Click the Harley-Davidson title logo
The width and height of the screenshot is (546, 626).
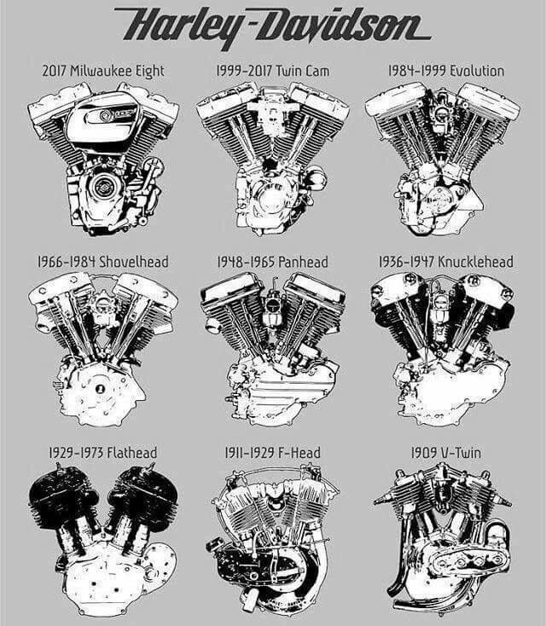point(273,26)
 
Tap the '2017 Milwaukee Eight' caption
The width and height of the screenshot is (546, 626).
point(103,71)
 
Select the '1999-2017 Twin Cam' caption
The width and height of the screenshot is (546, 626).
point(273,71)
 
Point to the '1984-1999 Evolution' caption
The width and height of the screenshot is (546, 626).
point(446,71)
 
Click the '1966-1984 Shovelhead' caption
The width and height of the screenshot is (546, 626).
point(103,262)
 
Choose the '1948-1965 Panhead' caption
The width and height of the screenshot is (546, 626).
point(273,262)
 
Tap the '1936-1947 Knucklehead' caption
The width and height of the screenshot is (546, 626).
point(446,262)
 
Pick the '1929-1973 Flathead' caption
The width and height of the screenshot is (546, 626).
point(103,453)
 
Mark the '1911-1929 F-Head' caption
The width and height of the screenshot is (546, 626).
point(273,453)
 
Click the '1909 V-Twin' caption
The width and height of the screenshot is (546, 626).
point(446,453)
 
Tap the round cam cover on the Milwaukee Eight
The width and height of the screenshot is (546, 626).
point(104,186)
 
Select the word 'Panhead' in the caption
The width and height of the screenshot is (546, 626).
point(303,262)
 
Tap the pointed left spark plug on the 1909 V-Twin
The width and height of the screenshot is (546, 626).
point(384,501)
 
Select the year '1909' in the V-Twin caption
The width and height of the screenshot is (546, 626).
point(424,453)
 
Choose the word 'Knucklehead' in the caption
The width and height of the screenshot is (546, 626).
point(476,262)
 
